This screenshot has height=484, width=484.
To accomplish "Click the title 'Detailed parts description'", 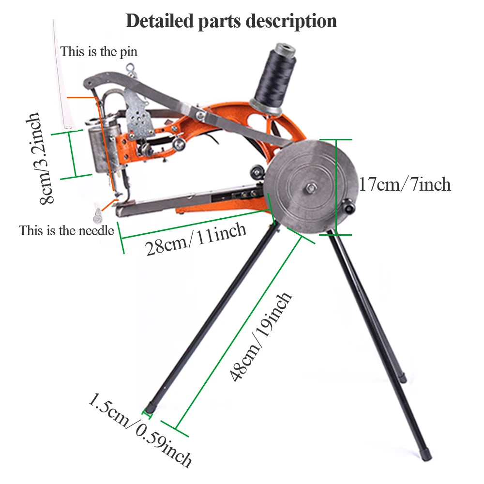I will pos(231,21).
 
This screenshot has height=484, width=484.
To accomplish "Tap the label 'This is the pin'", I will pos(99,51).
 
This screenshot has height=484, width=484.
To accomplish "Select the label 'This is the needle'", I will pos(66,230).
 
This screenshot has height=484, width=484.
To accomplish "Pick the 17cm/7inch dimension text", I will pos(404,184).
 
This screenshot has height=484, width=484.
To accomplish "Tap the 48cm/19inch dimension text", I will pos(262,337).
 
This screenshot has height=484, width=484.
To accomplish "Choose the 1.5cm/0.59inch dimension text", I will pos(140,431).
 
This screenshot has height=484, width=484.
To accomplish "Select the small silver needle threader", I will pos(99,212).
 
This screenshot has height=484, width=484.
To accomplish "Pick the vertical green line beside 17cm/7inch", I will pos(335,187).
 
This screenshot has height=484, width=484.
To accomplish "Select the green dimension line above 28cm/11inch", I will pos(194,222).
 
